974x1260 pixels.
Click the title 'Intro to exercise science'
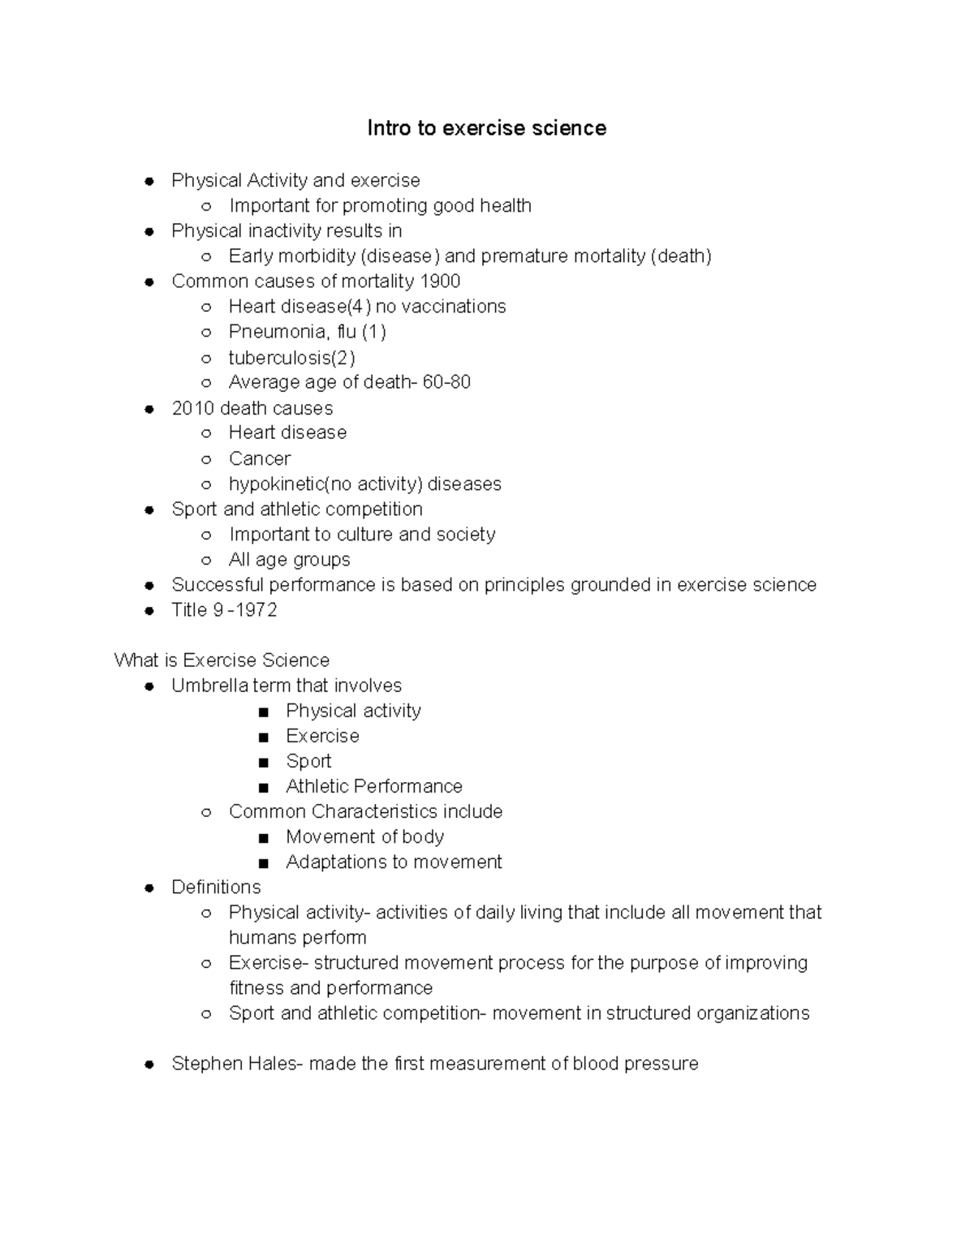(x=486, y=128)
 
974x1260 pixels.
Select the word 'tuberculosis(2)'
(x=291, y=358)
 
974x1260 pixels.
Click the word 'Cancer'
(x=260, y=459)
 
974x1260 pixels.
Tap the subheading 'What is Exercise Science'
(x=222, y=660)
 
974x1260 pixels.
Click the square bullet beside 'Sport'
(x=263, y=763)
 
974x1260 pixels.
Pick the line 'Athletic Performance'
(x=373, y=786)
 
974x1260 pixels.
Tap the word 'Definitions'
(x=216, y=888)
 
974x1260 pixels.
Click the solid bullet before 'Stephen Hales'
(x=149, y=1064)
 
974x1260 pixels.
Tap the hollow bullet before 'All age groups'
(x=207, y=561)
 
